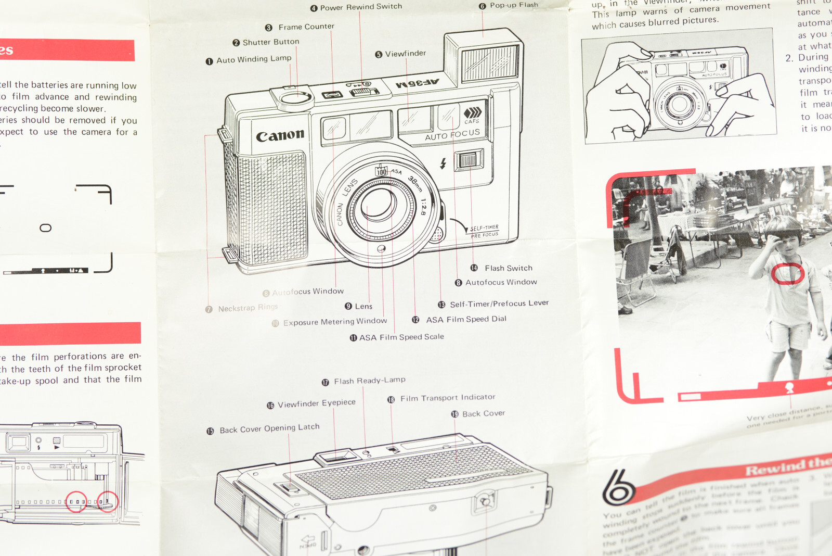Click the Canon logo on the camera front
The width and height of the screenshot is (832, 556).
[x=280, y=136]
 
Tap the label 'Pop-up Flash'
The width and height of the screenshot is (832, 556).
[x=513, y=5]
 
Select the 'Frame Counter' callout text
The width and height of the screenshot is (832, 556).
[x=306, y=27]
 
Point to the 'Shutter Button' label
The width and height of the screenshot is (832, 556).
[x=270, y=42]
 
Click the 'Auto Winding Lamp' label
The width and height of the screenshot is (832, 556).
[x=253, y=59]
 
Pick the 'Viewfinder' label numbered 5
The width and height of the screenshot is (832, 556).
[x=405, y=54]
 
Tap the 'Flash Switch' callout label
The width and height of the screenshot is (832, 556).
[x=508, y=268]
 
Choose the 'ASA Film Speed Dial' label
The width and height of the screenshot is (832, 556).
[x=466, y=319]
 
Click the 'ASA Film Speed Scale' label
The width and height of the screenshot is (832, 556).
[x=401, y=337]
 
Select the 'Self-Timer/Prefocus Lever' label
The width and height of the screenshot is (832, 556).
[x=499, y=304]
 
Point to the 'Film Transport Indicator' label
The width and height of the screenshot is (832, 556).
[x=447, y=398]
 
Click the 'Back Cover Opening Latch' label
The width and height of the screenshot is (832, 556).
[x=269, y=429]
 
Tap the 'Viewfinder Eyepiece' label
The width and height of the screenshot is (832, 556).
[x=316, y=403]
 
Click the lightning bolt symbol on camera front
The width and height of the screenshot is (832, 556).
[x=443, y=163]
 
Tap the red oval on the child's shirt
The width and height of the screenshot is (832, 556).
[x=787, y=273]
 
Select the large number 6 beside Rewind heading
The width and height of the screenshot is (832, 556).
[x=618, y=487]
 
